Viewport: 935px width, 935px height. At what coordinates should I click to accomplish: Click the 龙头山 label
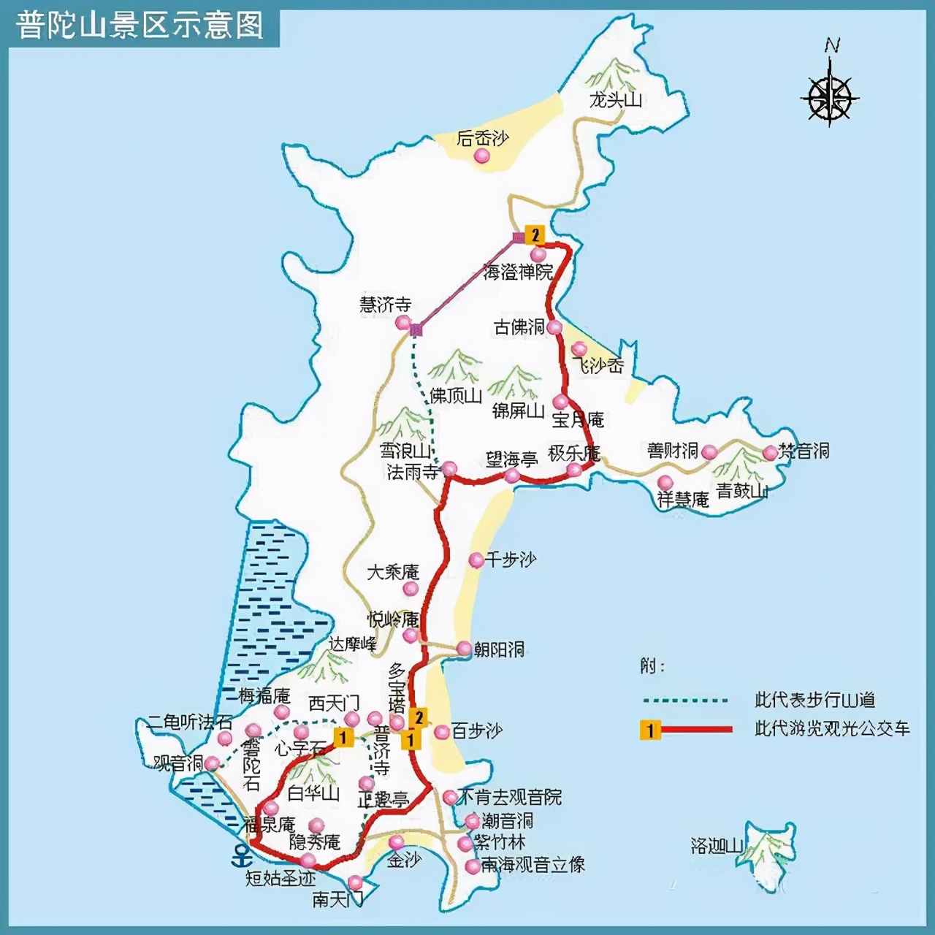615,100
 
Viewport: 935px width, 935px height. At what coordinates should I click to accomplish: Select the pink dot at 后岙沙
481,156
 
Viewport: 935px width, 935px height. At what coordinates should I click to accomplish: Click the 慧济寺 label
385,304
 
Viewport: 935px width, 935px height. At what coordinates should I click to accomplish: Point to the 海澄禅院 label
518,272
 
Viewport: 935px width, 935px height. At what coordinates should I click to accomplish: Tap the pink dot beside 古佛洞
554,327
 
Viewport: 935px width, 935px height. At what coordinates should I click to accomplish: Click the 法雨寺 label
413,472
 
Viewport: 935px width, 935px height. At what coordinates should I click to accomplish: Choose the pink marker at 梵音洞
770,453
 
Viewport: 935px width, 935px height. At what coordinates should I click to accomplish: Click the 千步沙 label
511,560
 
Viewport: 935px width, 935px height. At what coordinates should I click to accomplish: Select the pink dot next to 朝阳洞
464,649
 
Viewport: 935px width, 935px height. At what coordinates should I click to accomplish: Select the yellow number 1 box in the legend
650,729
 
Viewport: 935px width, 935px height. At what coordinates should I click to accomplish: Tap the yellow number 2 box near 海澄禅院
535,234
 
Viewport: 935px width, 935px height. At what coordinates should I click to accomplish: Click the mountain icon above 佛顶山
455,366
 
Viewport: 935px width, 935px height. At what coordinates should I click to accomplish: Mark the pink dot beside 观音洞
212,763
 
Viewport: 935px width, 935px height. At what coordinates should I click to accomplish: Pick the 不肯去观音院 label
509,797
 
